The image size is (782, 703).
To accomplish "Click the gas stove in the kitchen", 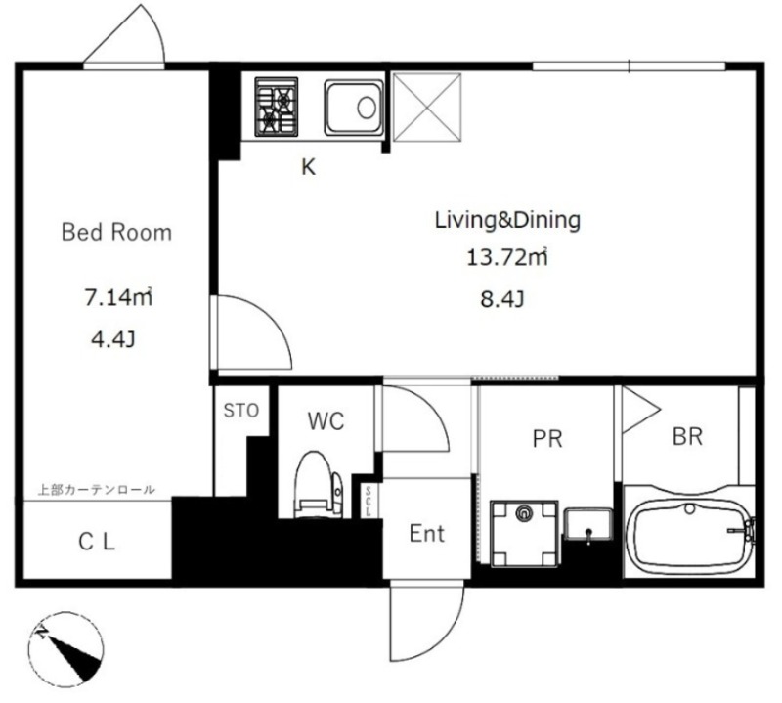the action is pyautogui.click(x=277, y=107).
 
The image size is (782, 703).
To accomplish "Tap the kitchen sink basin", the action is pyautogui.click(x=354, y=108).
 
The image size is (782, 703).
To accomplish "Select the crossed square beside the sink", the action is pyautogui.click(x=427, y=107).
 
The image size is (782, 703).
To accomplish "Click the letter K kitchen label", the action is pyautogui.click(x=309, y=167).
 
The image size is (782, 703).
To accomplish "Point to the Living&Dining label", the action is pyautogui.click(x=507, y=220).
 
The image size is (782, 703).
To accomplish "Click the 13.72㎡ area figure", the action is pyautogui.click(x=506, y=257).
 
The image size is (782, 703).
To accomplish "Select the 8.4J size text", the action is pyautogui.click(x=502, y=299).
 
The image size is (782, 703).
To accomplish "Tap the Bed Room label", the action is pyautogui.click(x=116, y=232).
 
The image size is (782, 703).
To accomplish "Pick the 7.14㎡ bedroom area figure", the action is pyautogui.click(x=118, y=297).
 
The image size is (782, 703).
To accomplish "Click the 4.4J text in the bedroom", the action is pyautogui.click(x=113, y=339).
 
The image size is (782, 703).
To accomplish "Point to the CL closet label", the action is pyautogui.click(x=97, y=542).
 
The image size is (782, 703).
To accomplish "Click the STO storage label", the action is pyautogui.click(x=241, y=411).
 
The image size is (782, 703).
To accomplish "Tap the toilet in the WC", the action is pyautogui.click(x=319, y=484).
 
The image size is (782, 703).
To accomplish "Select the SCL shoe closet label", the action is pyautogui.click(x=369, y=501).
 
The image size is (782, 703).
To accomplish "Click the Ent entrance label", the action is pyautogui.click(x=427, y=534).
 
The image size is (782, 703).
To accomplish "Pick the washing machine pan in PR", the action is pyautogui.click(x=524, y=534).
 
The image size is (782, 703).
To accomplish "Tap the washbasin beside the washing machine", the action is pyautogui.click(x=588, y=525).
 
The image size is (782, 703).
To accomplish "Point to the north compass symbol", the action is pyautogui.click(x=65, y=648).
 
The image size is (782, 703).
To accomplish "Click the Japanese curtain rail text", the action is pyautogui.click(x=97, y=490).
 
